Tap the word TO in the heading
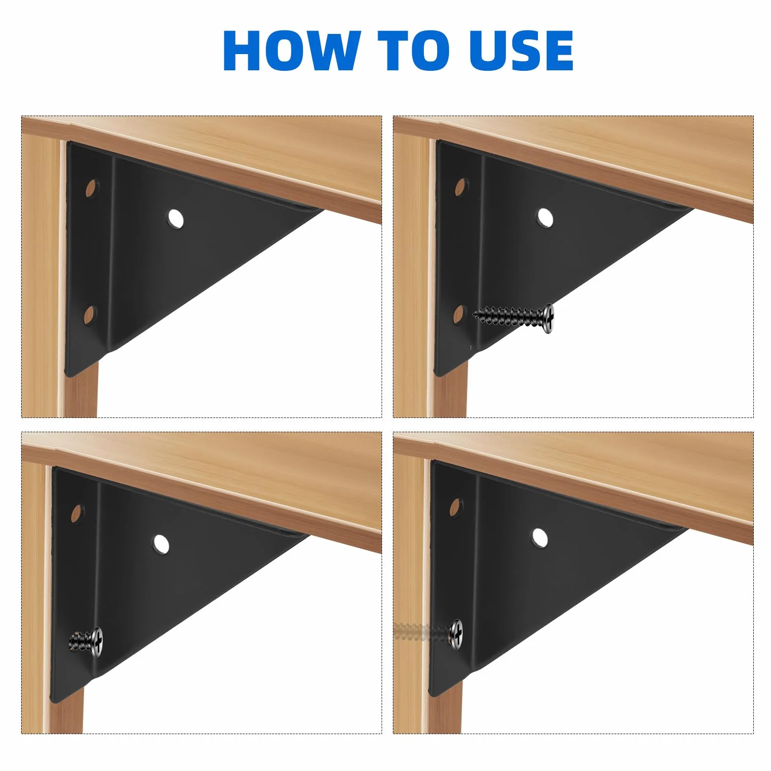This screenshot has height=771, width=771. click(413, 50)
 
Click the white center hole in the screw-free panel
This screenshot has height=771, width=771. click(176, 218)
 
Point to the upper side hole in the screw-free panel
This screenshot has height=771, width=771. click(91, 188)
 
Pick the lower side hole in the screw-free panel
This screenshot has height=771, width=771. click(89, 314)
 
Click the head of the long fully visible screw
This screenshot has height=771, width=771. click(548, 318)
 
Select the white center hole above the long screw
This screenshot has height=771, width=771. click(545, 217)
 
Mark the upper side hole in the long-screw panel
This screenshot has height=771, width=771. click(460, 187)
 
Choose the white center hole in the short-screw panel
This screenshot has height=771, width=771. click(161, 544)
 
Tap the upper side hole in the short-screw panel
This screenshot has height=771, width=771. click(77, 513)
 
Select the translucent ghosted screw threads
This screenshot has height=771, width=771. click(422, 631)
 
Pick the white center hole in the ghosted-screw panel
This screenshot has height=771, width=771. click(539, 537)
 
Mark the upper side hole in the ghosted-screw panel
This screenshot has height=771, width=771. click(456, 507)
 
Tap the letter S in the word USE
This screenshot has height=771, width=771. click(522, 50)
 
